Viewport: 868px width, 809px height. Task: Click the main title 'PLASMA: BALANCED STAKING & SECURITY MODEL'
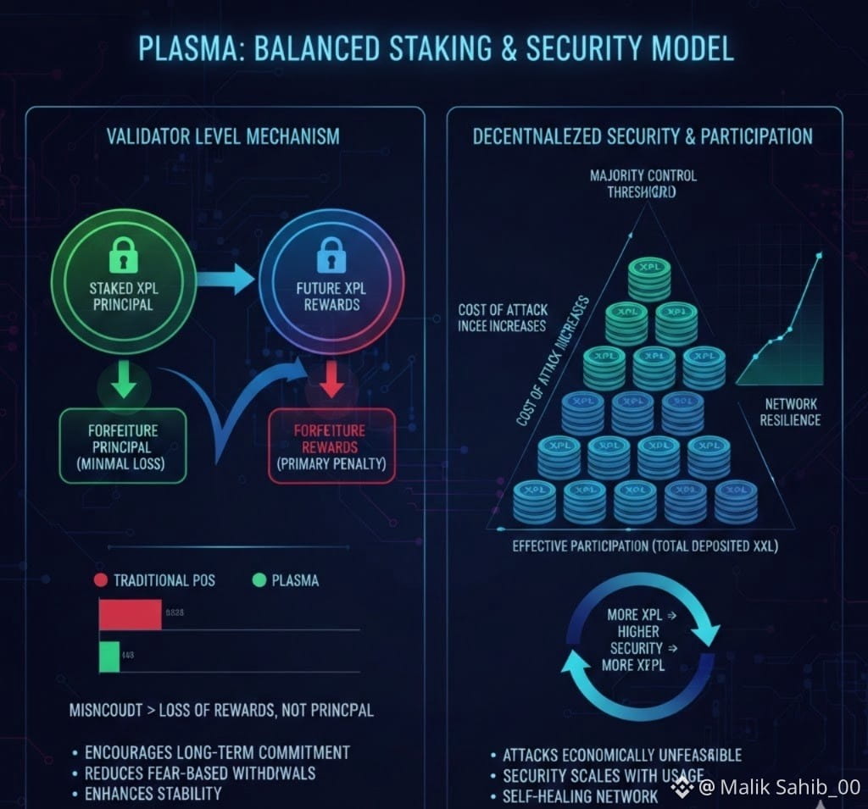click(x=433, y=48)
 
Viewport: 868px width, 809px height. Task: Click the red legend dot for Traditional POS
click(x=100, y=580)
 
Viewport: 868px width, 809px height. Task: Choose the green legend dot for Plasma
click(x=259, y=580)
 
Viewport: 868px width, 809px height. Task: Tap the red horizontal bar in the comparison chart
click(x=130, y=615)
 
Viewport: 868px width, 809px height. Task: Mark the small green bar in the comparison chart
click(x=109, y=657)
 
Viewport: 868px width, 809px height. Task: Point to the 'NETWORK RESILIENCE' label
click(x=790, y=412)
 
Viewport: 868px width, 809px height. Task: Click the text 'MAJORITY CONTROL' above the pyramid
click(x=643, y=175)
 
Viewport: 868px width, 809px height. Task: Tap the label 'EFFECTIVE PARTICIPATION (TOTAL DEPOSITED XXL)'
click(x=645, y=546)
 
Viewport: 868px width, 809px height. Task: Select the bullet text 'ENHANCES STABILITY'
click(x=153, y=794)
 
